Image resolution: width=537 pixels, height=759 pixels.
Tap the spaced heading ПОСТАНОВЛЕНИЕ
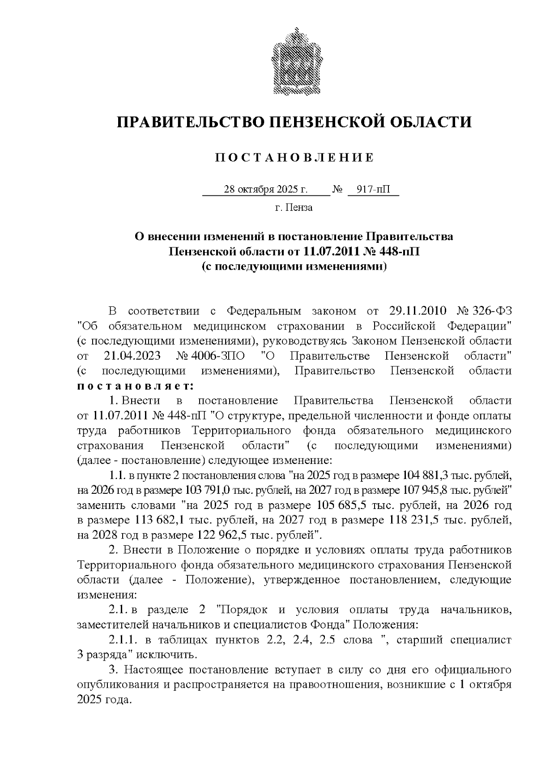(x=294, y=158)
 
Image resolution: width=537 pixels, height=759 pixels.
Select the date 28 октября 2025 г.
(x=266, y=190)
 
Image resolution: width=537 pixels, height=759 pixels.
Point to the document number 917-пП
(x=373, y=190)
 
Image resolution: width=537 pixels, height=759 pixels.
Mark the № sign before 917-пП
(x=337, y=190)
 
